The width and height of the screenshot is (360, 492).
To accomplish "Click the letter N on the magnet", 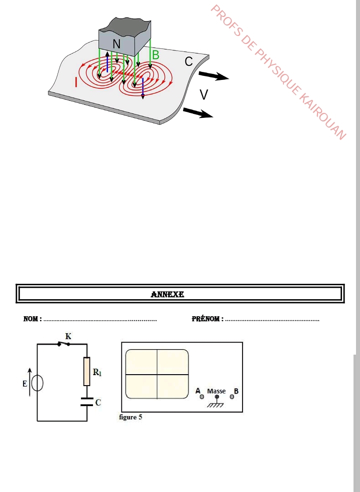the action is [x=116, y=44].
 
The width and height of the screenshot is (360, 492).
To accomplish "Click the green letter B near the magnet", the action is [x=155, y=55].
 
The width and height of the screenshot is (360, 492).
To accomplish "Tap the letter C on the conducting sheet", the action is [x=188, y=61].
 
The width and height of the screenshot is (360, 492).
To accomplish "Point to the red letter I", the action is [x=76, y=82].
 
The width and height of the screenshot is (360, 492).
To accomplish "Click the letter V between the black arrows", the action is [x=204, y=94].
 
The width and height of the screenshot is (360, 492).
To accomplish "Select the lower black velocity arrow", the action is [x=198, y=112].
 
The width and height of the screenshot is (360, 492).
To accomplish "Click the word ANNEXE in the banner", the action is [x=167, y=294].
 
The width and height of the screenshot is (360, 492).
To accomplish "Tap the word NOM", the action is [x=31, y=319].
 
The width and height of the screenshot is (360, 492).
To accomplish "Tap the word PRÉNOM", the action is [x=206, y=319].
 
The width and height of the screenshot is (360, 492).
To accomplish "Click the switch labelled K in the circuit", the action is [x=64, y=344].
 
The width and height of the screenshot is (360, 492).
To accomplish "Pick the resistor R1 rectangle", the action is [x=86, y=371].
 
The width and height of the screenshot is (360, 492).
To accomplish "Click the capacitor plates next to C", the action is [x=86, y=402].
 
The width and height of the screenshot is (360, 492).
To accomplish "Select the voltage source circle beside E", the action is [x=37, y=383].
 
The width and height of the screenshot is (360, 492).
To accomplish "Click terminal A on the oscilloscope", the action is [x=201, y=397].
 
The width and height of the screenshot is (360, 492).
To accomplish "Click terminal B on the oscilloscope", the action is [x=232, y=397].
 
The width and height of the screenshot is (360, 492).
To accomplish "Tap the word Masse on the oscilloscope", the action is [x=216, y=391].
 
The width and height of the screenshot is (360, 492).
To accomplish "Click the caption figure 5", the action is [x=130, y=417].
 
